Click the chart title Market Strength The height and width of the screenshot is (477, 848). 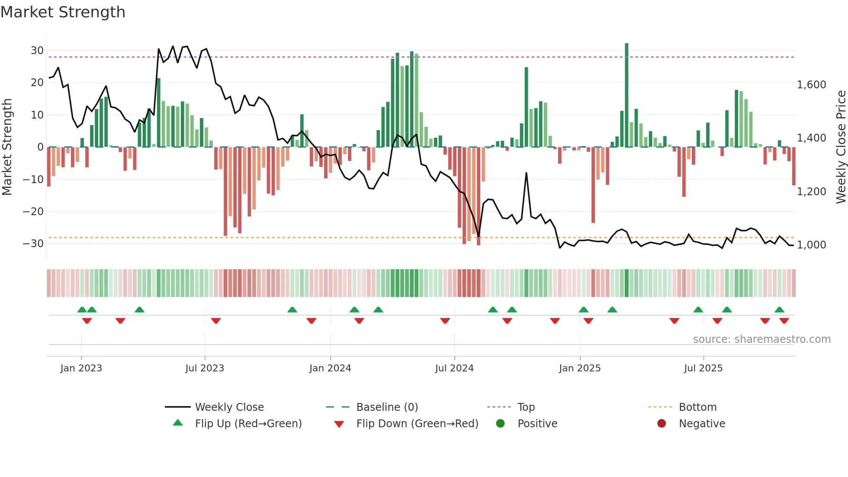click(63, 12)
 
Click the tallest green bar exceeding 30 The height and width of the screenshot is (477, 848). click(626, 95)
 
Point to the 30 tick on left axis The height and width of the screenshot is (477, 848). click(37, 51)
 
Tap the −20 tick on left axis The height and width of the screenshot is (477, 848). click(34, 212)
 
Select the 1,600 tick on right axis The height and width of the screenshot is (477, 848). click(811, 85)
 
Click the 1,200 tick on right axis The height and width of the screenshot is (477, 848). click(811, 191)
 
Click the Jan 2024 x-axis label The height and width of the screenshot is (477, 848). click(330, 368)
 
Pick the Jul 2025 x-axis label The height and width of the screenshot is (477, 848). click(703, 368)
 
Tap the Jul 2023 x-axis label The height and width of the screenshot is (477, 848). click(205, 368)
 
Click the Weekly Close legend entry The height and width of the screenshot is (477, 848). click(229, 407)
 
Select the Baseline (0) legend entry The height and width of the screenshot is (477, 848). click(387, 407)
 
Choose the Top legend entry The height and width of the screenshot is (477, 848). click(526, 407)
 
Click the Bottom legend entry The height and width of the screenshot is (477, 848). click(697, 407)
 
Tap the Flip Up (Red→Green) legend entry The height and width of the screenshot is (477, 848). click(248, 424)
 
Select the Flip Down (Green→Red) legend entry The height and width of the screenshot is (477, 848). click(417, 424)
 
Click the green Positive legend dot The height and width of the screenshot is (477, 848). click(501, 424)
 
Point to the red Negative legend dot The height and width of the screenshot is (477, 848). click(662, 424)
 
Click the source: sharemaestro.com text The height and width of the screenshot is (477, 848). click(761, 339)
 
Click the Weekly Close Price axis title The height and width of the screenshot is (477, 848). click(841, 147)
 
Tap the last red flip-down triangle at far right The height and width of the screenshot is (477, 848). click(784, 321)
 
